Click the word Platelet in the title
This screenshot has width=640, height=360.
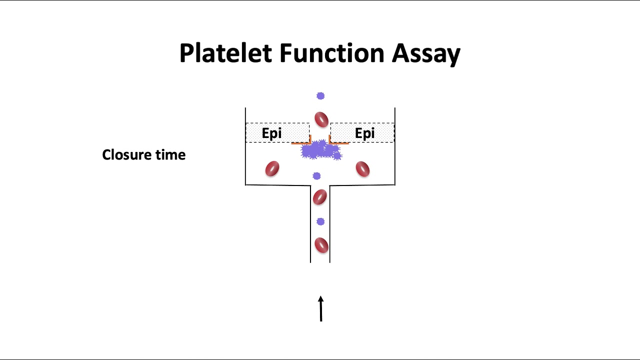click(225, 53)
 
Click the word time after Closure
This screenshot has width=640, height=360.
click(170, 155)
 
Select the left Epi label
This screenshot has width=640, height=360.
click(271, 133)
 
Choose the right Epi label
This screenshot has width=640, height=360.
click(364, 133)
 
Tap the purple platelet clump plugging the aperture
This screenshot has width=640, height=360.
click(320, 150)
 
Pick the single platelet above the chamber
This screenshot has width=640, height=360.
click(320, 96)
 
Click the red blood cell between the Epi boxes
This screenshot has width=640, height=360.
click(321, 119)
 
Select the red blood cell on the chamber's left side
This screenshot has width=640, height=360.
click(272, 168)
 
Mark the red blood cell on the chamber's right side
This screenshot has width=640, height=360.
click(362, 169)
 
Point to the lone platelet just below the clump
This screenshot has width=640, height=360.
click(316, 176)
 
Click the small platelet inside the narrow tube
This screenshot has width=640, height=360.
click(320, 221)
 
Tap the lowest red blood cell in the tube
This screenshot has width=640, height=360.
click(321, 245)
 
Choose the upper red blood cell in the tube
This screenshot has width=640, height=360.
click(319, 197)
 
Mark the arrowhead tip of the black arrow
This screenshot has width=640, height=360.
click(320, 297)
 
